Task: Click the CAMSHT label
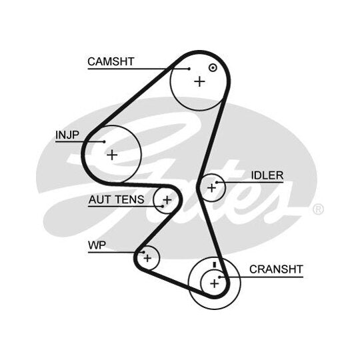click(111, 61)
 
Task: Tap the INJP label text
click(67, 135)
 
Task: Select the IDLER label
click(267, 175)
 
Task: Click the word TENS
click(130, 199)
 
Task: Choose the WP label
click(97, 245)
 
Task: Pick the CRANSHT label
click(276, 269)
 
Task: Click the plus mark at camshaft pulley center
click(199, 81)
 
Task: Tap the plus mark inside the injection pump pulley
click(112, 155)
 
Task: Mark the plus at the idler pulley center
click(211, 188)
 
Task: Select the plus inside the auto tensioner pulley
click(167, 200)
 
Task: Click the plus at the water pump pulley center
click(147, 258)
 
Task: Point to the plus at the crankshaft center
click(215, 284)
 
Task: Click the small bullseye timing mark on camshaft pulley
click(213, 68)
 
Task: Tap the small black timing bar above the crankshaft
click(215, 265)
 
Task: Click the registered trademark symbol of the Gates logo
click(318, 209)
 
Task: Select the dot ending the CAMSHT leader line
click(189, 69)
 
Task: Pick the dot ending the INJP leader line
click(104, 141)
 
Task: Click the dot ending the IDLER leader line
click(217, 182)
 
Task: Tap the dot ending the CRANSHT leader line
click(219, 277)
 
